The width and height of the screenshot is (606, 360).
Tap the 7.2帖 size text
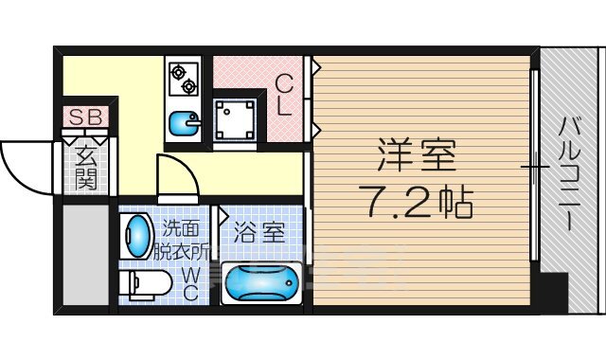coord(417,201)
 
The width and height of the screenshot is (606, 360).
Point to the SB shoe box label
coord(86,117)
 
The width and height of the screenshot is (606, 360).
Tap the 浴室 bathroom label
coord(258,232)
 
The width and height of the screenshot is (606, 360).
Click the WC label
coord(190,281)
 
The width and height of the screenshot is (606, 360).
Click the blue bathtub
coord(261,282)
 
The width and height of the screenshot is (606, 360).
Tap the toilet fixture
coord(146,281)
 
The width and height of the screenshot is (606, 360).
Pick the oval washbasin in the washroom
coord(138,234)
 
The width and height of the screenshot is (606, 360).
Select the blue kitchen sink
coord(185,124)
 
